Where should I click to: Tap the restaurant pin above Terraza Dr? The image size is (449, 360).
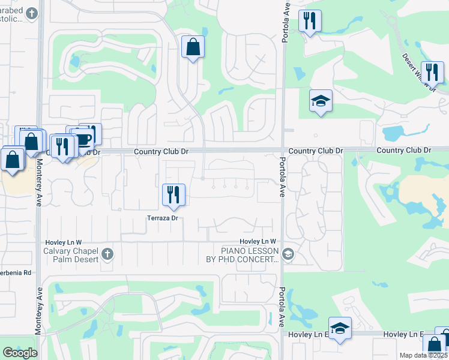click(x=173, y=194)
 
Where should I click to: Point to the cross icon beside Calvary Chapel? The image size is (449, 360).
click(x=107, y=254)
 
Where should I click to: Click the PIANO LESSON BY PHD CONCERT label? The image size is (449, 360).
click(x=242, y=255)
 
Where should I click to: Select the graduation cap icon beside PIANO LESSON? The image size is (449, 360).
click(x=288, y=254)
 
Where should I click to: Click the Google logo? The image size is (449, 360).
click(x=20, y=353)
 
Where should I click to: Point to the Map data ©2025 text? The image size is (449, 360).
click(x=423, y=355)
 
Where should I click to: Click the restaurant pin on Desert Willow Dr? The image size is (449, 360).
click(x=432, y=73)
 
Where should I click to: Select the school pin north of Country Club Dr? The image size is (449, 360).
click(x=321, y=101)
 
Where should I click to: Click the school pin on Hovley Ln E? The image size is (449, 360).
click(x=340, y=328)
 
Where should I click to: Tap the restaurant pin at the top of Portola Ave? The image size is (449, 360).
click(x=310, y=21)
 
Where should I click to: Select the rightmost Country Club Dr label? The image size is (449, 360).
click(x=403, y=150)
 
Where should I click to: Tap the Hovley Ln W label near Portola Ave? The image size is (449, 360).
click(x=257, y=242)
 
